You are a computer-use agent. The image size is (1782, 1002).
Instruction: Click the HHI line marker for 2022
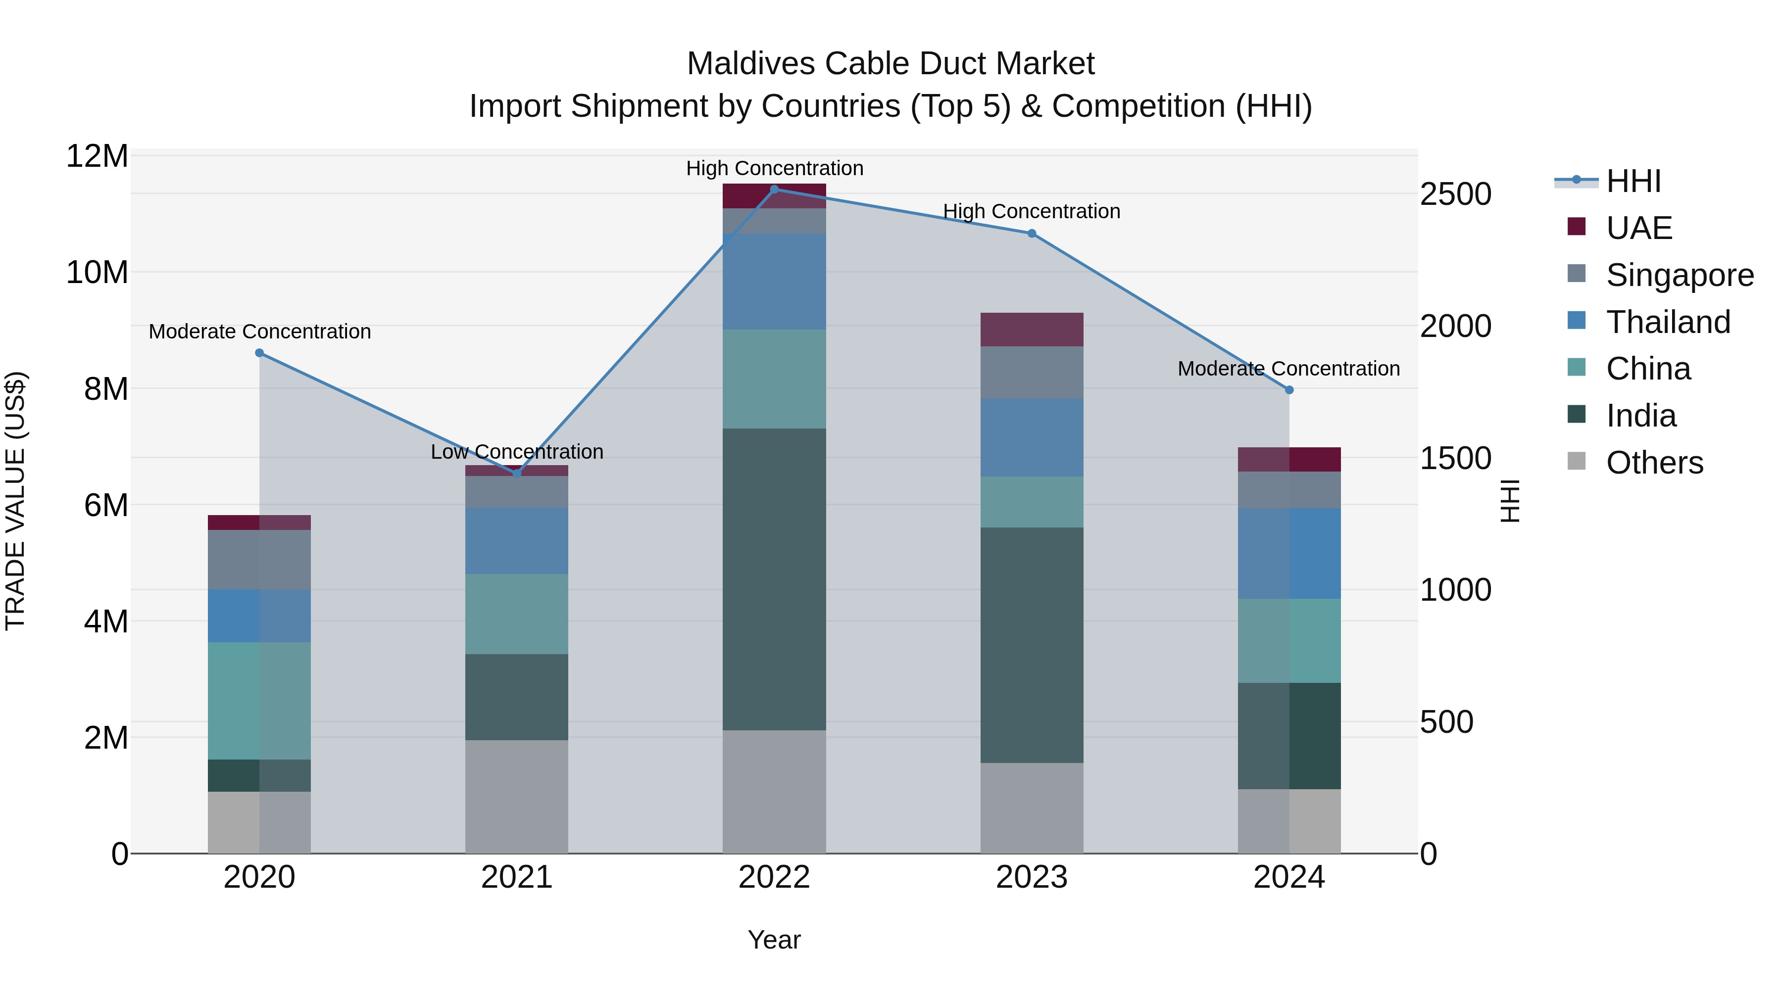pos(774,189)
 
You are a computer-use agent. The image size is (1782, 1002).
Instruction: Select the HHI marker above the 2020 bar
pos(259,353)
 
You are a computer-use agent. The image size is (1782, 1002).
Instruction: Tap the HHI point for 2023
pos(1032,233)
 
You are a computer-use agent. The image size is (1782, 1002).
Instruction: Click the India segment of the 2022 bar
pos(774,579)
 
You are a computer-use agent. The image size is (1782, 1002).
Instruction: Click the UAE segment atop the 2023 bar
pos(1032,329)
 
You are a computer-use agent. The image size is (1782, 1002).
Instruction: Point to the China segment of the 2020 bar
pos(259,701)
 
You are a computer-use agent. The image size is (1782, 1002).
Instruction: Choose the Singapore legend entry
pos(1679,275)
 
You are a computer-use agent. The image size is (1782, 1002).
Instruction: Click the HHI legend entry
pos(1633,181)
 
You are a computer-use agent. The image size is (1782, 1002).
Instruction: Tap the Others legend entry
pos(1653,463)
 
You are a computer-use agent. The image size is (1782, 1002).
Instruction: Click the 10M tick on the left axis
pos(97,273)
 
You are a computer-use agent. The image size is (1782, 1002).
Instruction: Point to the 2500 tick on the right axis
pos(1455,194)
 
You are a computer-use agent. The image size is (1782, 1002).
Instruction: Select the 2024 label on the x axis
pos(1289,877)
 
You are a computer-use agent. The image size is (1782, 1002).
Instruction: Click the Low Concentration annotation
pos(517,452)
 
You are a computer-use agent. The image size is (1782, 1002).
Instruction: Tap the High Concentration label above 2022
pos(774,168)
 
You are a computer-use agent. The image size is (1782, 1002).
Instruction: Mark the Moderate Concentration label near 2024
pos(1288,369)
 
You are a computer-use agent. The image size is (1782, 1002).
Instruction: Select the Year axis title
pos(774,940)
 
